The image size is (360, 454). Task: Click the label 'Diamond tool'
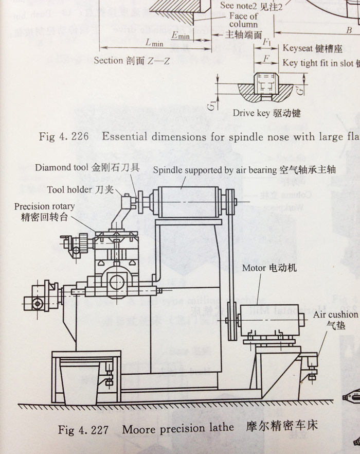point(62,168)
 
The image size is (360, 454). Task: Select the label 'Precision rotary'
point(44,206)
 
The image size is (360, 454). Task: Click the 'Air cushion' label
point(337,315)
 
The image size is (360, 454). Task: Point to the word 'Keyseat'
point(297,48)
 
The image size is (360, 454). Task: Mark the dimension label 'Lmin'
point(154,43)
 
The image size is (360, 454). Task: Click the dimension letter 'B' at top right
point(349,31)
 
